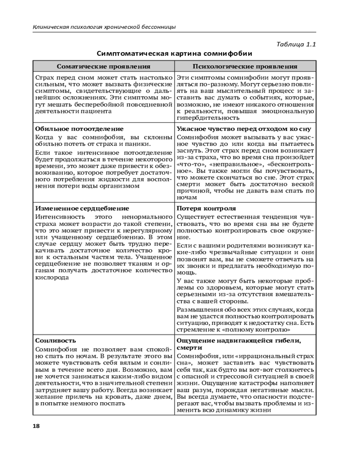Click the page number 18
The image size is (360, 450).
coord(36,425)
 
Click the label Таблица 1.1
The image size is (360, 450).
coord(296,45)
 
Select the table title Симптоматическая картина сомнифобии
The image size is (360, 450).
coord(174,54)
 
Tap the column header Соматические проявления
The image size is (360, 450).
coord(103,67)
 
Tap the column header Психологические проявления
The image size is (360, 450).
coord(245,67)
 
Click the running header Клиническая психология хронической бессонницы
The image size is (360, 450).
coord(104,27)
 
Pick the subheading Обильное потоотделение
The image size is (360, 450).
coord(73,129)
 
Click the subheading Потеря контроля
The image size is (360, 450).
coord(206,208)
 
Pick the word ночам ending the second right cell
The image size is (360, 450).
coord(186,197)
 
